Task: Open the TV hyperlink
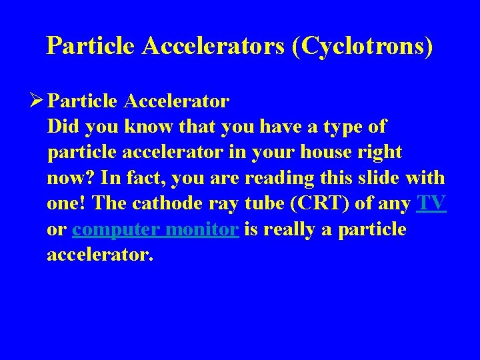[x=431, y=204]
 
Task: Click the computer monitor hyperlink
[x=156, y=229]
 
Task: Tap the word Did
[x=61, y=127]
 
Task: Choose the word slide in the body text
[x=381, y=179]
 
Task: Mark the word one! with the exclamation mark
[x=63, y=204]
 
